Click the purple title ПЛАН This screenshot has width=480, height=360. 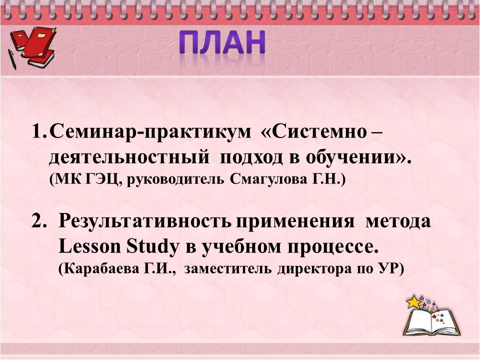222,42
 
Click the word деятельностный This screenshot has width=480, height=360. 129,157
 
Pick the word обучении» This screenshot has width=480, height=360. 358,157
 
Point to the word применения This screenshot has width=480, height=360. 295,221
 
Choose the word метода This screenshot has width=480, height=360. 398,221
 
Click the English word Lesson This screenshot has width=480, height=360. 90,246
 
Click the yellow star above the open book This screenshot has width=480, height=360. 413,302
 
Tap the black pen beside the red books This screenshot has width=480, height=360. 12,59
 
